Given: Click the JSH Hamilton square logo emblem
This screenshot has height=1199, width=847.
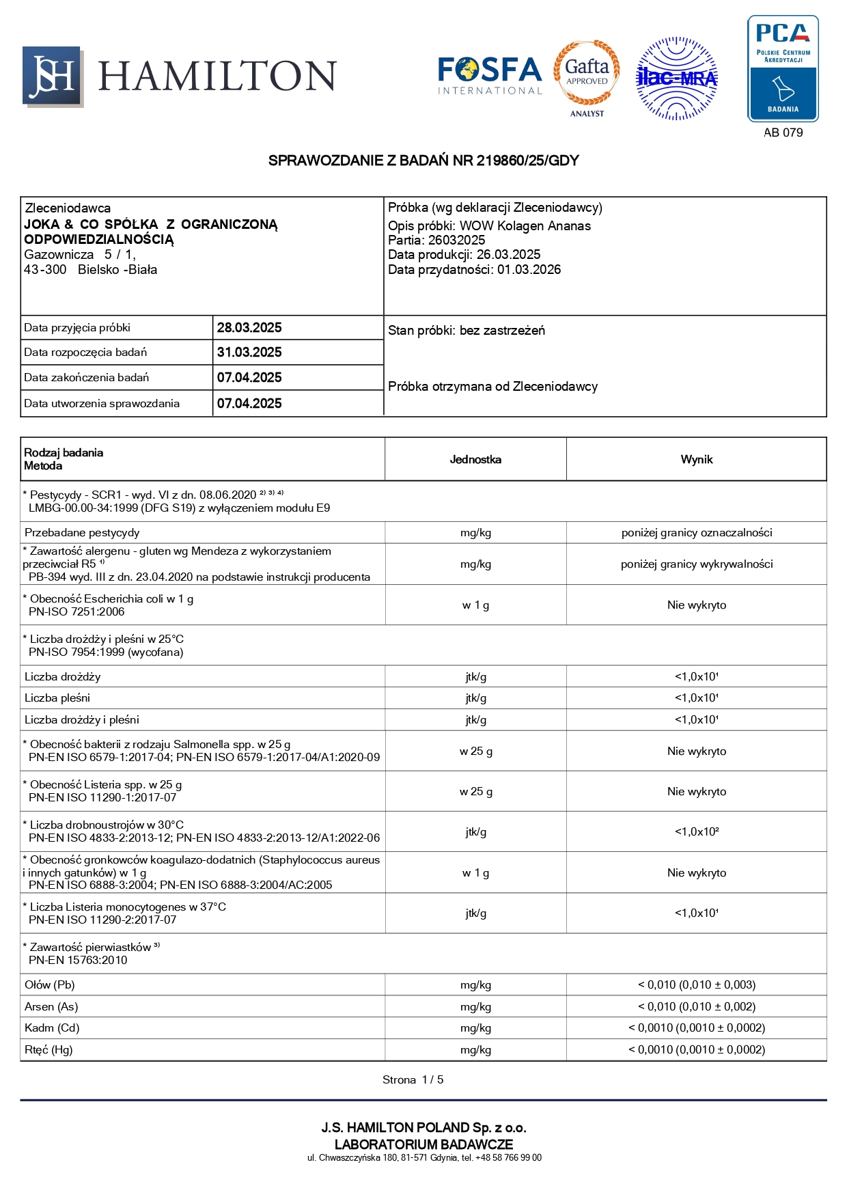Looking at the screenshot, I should coord(53,77).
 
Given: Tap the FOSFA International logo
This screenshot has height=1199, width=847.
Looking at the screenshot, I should coord(489,76).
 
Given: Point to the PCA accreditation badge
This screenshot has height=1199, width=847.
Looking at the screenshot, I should coord(783,69).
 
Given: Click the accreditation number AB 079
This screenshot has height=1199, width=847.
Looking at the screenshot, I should coord(783,133).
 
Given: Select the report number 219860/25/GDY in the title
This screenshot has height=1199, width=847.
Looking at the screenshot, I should coord(527,161).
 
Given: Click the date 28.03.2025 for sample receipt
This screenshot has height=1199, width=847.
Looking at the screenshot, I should coord(249,327).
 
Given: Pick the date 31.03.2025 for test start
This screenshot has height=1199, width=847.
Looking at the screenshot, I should coord(249,353).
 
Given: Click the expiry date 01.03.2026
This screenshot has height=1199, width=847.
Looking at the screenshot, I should coord(529,269).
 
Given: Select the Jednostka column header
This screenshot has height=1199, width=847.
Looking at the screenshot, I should coord(475,459).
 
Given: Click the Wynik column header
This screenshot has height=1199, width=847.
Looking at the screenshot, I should coord(696,459).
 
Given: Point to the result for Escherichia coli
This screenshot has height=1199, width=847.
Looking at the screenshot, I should coord(696,605).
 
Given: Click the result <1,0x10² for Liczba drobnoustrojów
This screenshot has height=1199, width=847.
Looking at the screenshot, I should coord(696,831).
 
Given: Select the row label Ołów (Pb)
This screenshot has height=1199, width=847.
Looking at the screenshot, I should coord(50,984).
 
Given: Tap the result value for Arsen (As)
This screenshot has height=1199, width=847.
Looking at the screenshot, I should coord(696,1006).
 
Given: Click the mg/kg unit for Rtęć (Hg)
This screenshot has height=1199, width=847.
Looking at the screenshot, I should coord(475,1049).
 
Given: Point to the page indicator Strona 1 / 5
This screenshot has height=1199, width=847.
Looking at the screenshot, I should coord(413,1079).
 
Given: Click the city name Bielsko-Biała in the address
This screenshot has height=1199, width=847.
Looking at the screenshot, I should coord(117,269).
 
